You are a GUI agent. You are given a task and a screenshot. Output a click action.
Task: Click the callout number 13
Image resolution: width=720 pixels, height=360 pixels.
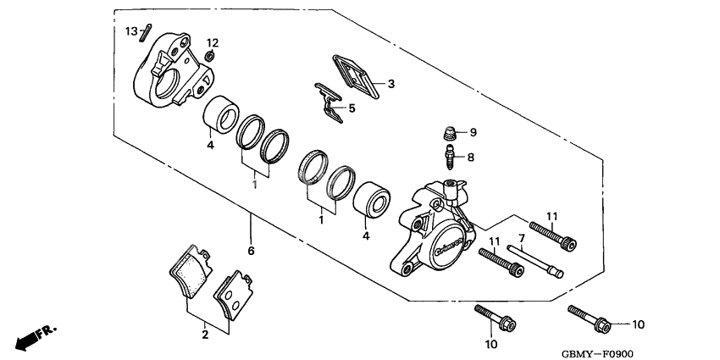coord(131,30)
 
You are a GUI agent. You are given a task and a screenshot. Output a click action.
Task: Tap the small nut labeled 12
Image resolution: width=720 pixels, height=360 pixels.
coord(208,58)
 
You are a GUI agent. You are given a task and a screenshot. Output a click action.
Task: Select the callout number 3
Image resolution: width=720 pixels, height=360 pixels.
coord(391,84)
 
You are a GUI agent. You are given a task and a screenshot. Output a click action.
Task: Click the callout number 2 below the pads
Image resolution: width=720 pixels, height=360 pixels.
coord(204,335)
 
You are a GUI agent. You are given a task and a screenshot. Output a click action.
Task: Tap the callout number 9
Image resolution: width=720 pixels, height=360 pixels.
coord(474,132)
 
